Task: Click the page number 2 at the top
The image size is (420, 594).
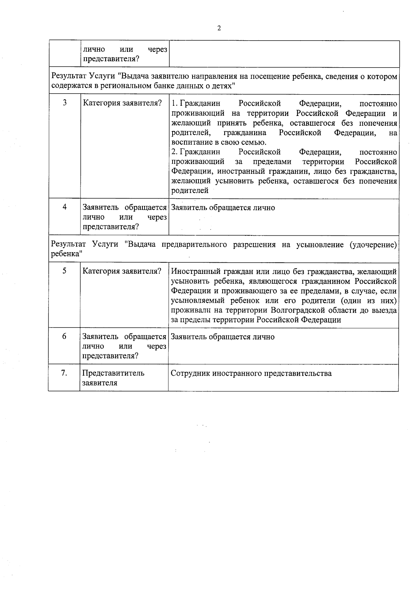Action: [219, 28]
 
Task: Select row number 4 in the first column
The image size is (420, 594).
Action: [65, 207]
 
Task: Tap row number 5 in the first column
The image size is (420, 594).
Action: [64, 271]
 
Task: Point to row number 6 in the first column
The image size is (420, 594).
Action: [64, 336]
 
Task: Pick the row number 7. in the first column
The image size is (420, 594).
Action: [64, 373]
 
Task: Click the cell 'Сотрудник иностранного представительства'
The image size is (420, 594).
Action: [251, 373]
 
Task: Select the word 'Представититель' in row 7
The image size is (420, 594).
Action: [113, 373]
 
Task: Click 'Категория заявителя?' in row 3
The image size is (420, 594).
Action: [122, 103]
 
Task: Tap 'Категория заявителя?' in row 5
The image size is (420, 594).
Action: [122, 271]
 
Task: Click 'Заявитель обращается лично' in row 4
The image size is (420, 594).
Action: [223, 208]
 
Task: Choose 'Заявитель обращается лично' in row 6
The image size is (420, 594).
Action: [223, 337]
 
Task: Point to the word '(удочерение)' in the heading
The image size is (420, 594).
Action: [373, 244]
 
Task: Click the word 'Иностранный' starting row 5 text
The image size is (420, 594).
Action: [192, 271]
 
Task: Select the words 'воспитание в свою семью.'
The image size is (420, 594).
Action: [219, 142]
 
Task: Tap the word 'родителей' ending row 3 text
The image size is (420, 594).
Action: [190, 191]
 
